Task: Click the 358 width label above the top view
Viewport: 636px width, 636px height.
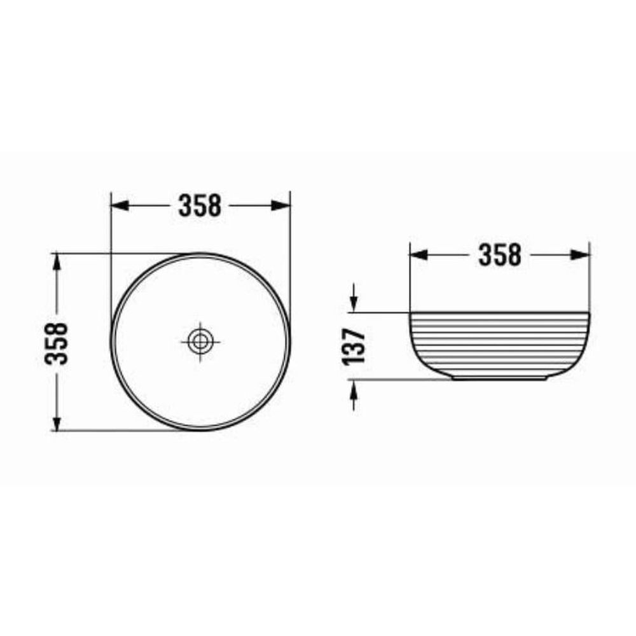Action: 200,205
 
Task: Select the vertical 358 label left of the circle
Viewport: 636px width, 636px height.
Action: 57,342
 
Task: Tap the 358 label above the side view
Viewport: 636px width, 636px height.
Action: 500,255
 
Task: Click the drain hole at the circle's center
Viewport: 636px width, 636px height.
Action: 200,342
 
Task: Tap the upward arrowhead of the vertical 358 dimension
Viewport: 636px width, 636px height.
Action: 57,261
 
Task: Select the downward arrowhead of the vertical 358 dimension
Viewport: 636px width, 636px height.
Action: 57,423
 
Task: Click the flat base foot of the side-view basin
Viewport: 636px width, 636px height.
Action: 500,378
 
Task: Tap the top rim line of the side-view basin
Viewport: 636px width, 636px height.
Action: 500,313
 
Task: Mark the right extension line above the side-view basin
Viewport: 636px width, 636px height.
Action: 590,280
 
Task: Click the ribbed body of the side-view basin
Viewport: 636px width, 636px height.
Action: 500,343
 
